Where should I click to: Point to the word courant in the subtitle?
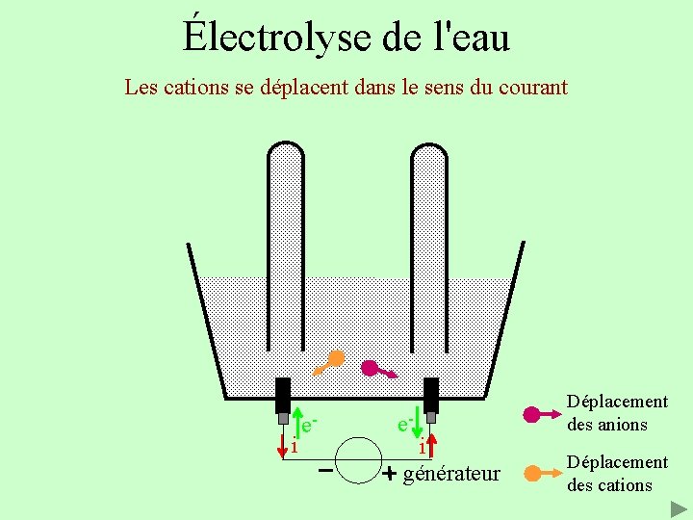pos(532,87)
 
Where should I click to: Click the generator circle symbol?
pos(359,460)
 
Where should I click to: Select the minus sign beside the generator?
pos(325,471)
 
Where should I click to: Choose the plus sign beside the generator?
pos(389,475)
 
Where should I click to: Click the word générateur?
pos(451,474)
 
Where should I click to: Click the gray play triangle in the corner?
pos(680,507)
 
